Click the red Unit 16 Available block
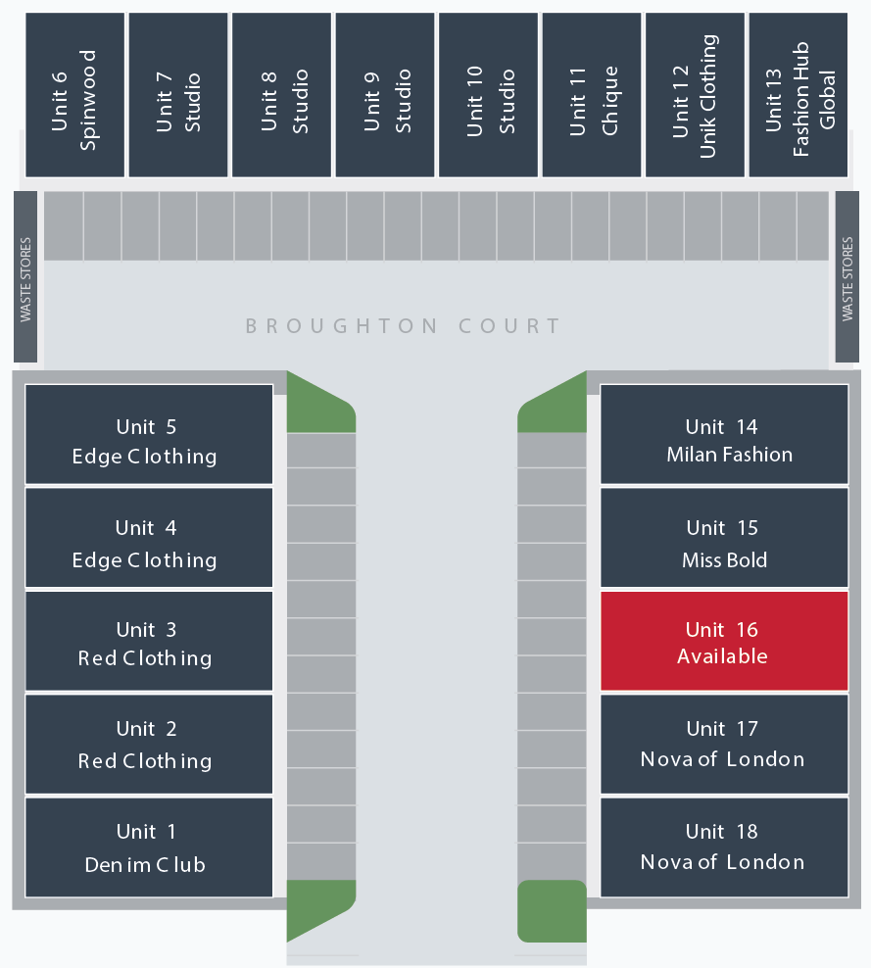[723, 642]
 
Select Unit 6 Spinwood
[74, 95]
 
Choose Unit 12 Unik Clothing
[695, 95]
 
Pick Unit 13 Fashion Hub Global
[798, 95]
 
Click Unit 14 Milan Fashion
[723, 434]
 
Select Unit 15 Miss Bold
[723, 538]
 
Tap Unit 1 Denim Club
[148, 847]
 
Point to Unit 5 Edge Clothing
[148, 434]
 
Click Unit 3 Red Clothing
[148, 642]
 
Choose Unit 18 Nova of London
[723, 847]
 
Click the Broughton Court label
[403, 326]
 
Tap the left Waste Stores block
[25, 277]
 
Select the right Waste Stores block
[847, 277]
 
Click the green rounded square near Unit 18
[552, 911]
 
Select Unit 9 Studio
[385, 95]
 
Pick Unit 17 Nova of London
[723, 744]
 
